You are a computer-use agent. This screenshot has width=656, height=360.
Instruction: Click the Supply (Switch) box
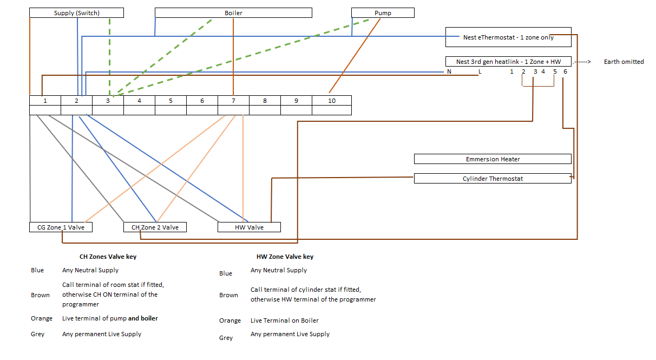tap(76, 13)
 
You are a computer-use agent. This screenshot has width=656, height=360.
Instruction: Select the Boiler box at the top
tap(233, 13)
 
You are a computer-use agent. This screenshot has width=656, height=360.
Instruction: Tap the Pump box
tap(383, 13)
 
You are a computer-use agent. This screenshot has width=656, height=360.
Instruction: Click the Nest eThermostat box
tap(508, 37)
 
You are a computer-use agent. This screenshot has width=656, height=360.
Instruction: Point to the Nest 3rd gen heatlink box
tap(508, 62)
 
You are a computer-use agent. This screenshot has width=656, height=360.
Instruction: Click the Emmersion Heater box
tap(493, 159)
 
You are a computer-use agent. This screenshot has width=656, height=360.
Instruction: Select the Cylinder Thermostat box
tap(493, 179)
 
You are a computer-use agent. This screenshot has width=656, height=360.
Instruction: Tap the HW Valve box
tap(249, 227)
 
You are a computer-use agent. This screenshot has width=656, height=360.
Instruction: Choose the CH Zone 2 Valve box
tap(155, 227)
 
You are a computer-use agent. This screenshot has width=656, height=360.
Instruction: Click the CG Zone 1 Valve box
tap(61, 227)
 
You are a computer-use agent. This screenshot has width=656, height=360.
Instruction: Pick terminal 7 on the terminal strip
tap(233, 101)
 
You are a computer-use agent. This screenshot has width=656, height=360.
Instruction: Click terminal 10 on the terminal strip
tap(331, 101)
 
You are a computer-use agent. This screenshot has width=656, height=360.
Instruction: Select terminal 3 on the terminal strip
tap(108, 101)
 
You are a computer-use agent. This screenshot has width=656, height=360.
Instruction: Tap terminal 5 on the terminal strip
tap(170, 101)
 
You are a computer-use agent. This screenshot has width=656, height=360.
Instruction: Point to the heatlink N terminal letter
tap(449, 72)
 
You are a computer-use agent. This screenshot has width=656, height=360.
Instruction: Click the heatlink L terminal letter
tap(479, 72)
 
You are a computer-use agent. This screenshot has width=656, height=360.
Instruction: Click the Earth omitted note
tap(624, 62)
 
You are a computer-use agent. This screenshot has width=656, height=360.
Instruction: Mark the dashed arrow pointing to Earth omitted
tap(582, 62)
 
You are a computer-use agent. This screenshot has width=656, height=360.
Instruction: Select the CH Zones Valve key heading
tap(108, 257)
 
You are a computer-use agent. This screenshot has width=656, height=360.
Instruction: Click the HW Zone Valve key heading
tap(285, 257)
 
